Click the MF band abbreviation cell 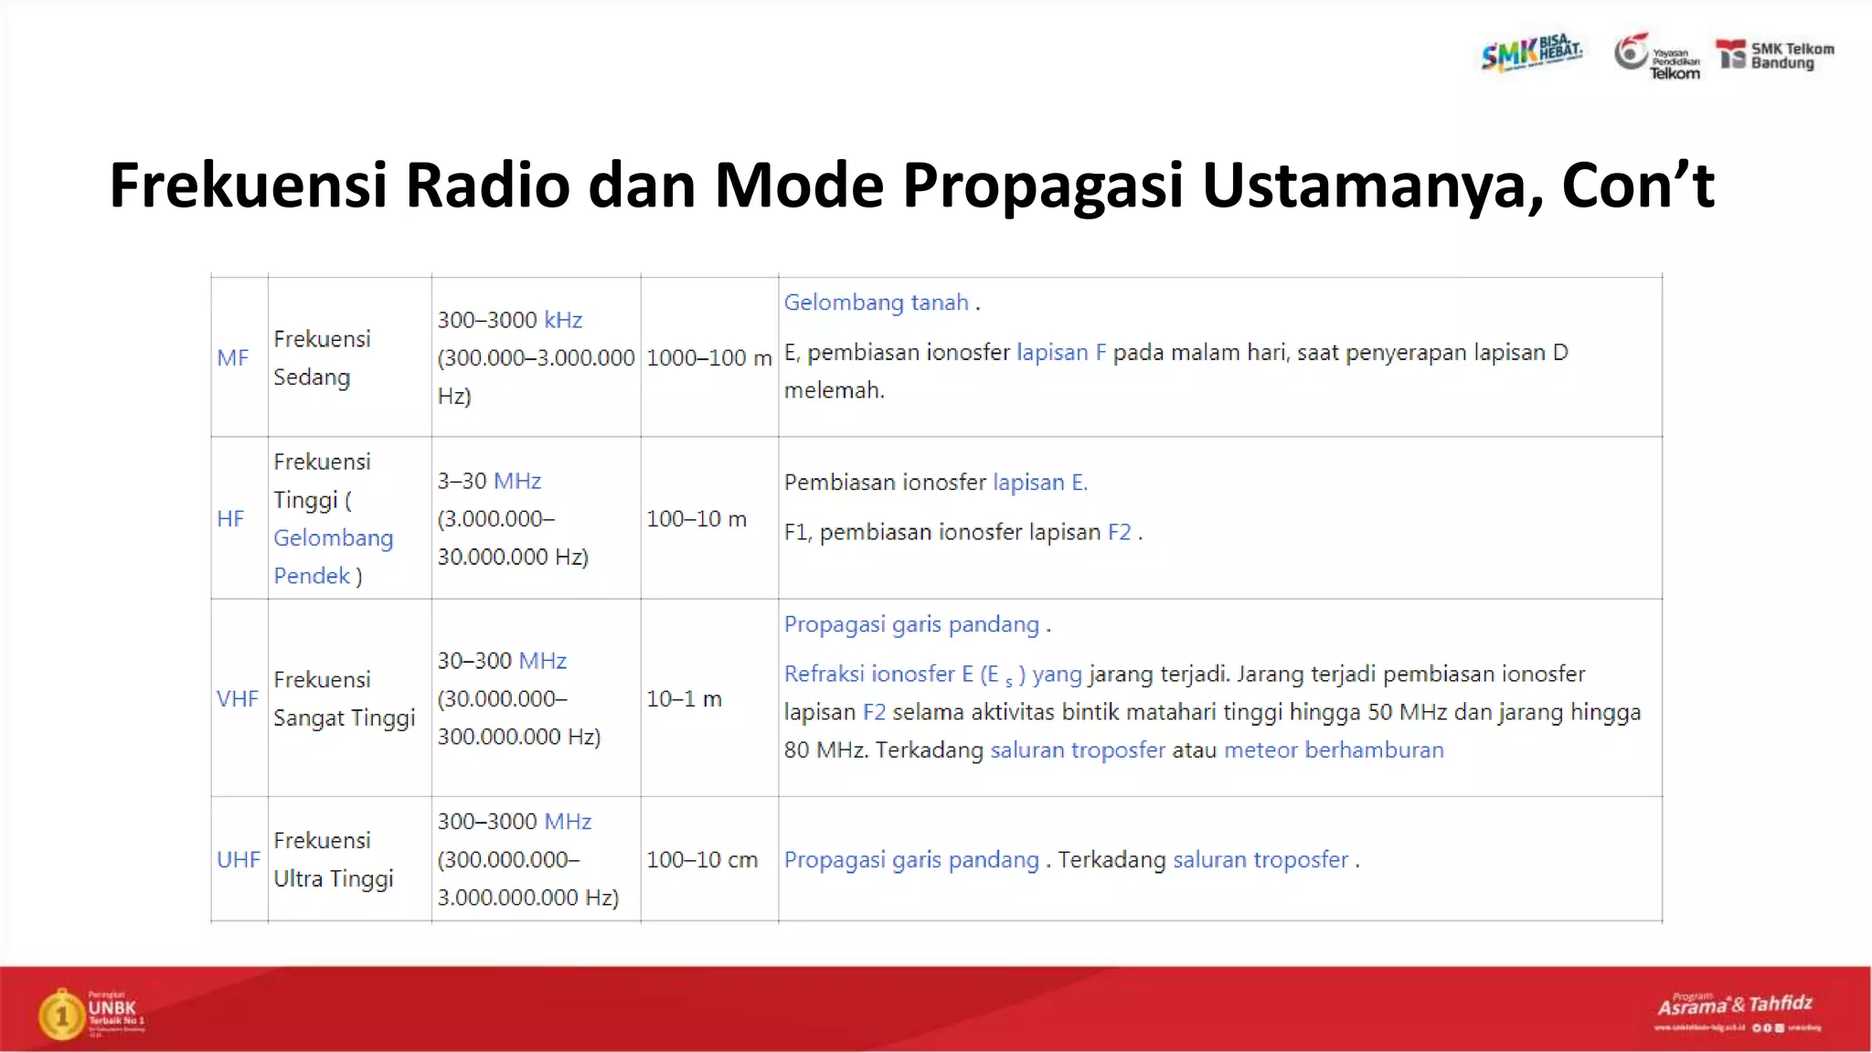click(x=232, y=358)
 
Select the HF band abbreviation click(x=230, y=519)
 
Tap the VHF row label click(x=237, y=699)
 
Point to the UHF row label click(x=238, y=860)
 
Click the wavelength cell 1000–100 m click(x=708, y=358)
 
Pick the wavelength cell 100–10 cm click(x=701, y=860)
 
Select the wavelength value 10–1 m click(x=684, y=699)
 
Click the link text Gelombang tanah click(x=876, y=303)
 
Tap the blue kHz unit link click(x=563, y=320)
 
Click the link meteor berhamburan click(x=1334, y=750)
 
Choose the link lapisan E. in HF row click(x=1039, y=483)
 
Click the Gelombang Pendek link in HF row click(x=333, y=557)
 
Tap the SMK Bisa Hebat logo click(x=1532, y=53)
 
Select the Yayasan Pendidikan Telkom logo click(x=1656, y=57)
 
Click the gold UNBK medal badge click(x=62, y=1015)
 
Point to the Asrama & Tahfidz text click(x=1734, y=1005)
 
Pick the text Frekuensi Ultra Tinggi click(x=333, y=860)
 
